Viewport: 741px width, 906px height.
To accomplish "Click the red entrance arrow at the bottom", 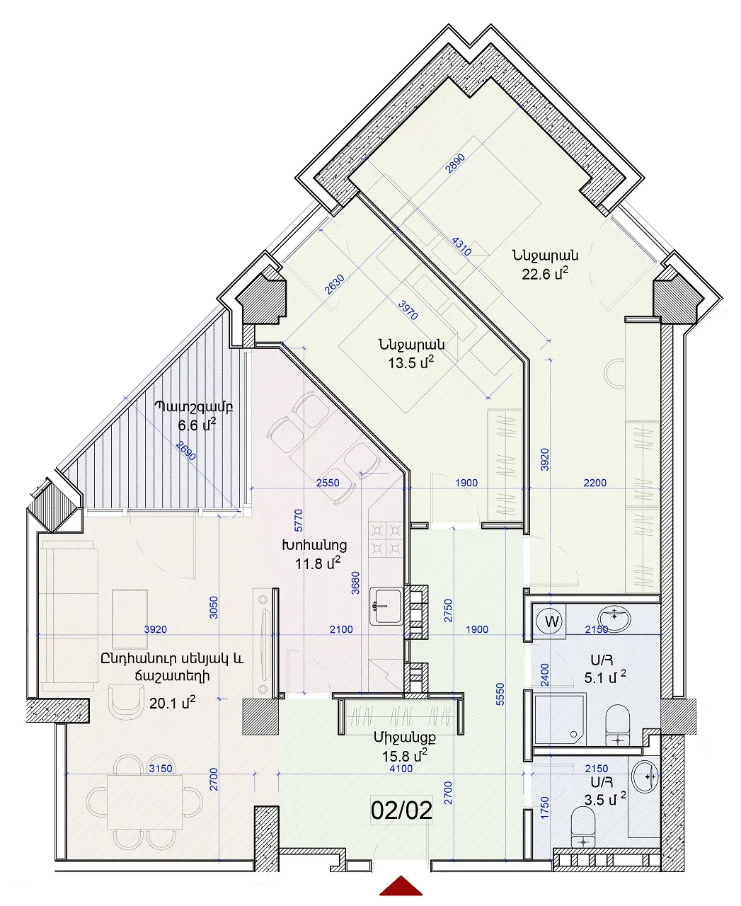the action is point(401,887).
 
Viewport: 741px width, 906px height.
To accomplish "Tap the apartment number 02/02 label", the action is point(401,811).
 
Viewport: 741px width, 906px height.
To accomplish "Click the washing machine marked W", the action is point(551,621).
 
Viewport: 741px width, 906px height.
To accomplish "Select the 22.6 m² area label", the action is point(545,274).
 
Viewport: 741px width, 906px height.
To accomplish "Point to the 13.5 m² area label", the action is point(410,362).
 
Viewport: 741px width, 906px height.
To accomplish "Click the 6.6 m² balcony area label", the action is point(197,425).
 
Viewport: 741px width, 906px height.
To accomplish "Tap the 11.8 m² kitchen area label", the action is point(318,563).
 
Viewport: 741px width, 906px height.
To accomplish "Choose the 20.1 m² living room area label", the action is point(172,703).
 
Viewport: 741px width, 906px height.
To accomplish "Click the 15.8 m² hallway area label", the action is point(405,755).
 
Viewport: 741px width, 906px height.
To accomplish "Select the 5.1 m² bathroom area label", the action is point(605,677).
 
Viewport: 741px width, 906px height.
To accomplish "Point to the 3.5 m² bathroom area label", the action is point(605,799).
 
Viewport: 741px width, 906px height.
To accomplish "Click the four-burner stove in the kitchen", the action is point(386,539).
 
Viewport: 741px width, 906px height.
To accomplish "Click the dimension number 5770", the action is point(299,520).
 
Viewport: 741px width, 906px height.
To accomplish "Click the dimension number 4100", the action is point(401,768).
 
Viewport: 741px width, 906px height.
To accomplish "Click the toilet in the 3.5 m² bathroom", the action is point(583,827).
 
